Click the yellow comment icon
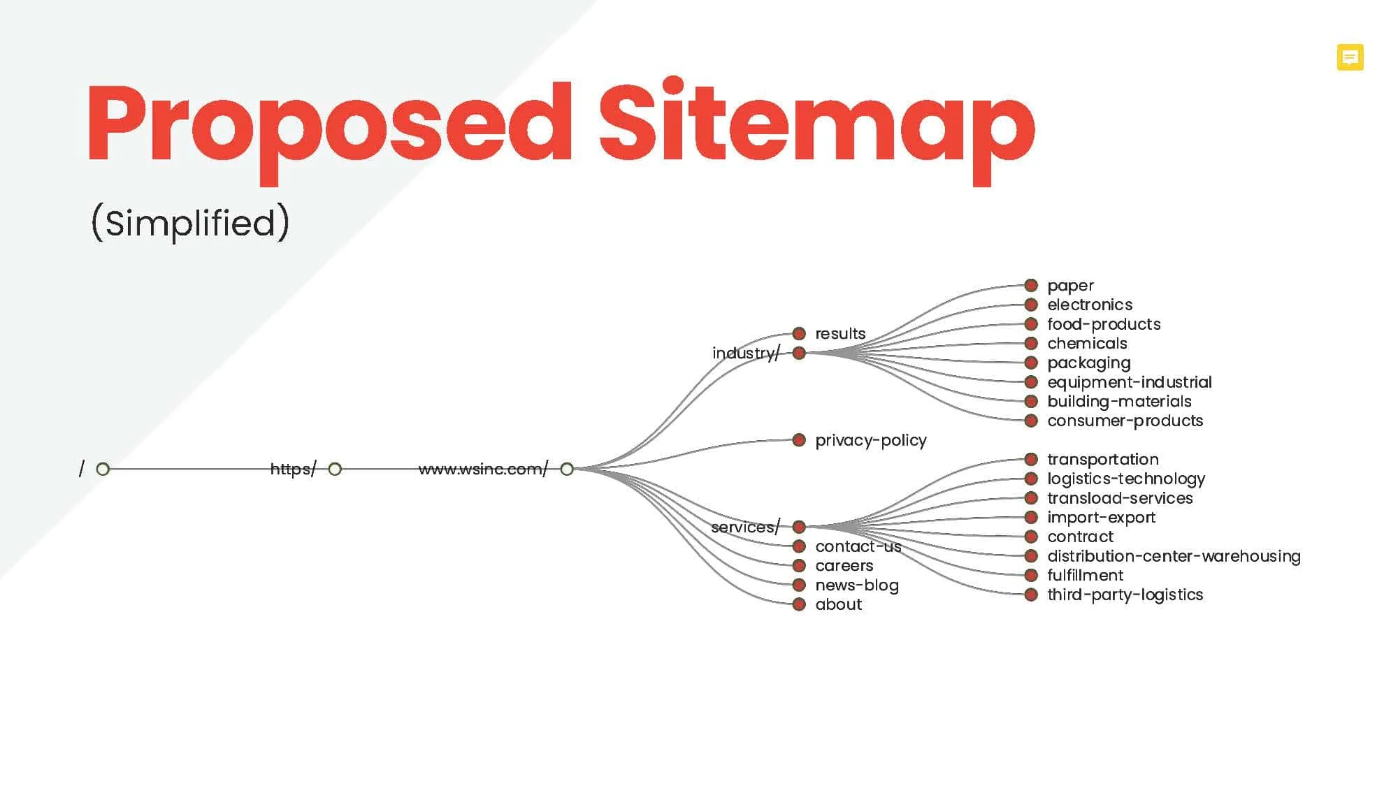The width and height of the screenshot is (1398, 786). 1350,57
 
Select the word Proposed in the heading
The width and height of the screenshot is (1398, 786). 329,131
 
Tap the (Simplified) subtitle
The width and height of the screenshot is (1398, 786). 190,223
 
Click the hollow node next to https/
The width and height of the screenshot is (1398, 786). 335,469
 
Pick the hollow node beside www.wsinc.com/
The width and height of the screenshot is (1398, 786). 567,469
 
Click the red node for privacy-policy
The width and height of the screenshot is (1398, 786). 799,440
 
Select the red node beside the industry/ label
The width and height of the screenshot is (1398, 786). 799,353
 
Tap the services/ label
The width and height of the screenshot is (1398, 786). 745,527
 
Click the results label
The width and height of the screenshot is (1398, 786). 840,334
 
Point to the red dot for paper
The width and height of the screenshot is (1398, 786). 1031,285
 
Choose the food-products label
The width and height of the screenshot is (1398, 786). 1104,324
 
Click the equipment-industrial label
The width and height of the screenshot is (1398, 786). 1130,382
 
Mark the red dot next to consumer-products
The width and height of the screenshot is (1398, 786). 1031,421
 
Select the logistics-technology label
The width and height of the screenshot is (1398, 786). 1126,479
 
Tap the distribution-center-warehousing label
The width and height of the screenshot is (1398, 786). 1174,556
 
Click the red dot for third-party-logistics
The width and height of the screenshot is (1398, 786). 1031,595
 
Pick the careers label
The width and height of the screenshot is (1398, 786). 844,566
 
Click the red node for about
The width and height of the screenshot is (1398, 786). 799,604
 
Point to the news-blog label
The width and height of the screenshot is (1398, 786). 857,585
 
